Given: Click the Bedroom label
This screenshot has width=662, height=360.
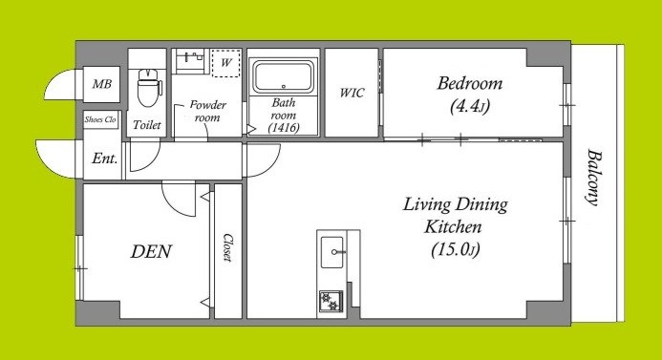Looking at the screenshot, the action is [469, 83].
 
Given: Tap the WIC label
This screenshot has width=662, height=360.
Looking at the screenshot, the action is [352, 93].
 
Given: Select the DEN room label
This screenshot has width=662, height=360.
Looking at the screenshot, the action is [151, 251].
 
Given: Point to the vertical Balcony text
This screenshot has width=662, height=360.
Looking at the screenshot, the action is [593, 178].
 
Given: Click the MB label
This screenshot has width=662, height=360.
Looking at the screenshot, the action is [102, 84].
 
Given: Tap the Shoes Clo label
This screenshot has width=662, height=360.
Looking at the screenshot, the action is [100, 119].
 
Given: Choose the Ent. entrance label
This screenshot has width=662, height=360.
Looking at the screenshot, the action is [104, 159].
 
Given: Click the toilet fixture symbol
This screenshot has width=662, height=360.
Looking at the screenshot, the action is [149, 87].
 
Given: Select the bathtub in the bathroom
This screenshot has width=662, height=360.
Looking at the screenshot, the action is [284, 76].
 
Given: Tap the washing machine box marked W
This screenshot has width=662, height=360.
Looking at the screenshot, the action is [226, 63].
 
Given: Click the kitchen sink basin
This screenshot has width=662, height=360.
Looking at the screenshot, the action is [332, 252].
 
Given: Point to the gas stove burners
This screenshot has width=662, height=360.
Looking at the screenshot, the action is [331, 301].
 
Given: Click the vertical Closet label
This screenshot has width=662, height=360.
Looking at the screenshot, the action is [228, 247].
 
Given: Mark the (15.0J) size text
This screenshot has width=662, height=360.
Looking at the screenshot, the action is [456, 250].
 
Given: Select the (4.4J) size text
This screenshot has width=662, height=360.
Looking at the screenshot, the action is [470, 106].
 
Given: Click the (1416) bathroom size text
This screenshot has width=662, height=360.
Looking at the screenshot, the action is [284, 127].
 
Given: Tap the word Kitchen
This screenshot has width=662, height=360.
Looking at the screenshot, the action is [453, 226].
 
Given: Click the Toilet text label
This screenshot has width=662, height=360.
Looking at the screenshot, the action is [147, 125].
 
